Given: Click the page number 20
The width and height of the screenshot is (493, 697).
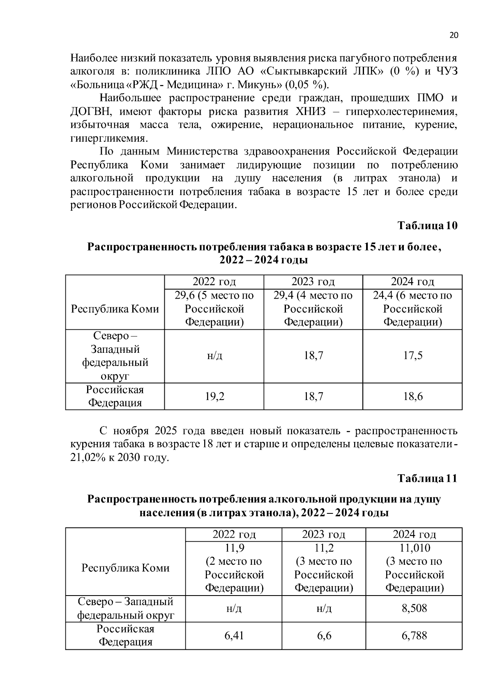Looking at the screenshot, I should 454,35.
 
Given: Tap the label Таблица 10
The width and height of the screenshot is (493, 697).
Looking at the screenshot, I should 427,225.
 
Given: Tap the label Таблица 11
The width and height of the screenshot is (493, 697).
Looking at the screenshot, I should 427,478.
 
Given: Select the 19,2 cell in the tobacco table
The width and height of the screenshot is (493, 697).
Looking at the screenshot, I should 214,396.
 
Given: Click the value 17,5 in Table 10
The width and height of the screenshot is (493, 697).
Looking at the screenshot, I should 412,355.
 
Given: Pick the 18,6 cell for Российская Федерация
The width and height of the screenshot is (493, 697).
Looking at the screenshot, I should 412,396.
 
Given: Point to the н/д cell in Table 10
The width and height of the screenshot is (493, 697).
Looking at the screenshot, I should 214,355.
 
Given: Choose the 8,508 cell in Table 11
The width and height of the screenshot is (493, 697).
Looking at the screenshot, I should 414,608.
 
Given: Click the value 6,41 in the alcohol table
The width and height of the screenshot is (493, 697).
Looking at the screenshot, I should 234,635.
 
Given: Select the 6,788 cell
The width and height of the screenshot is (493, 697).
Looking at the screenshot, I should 414,635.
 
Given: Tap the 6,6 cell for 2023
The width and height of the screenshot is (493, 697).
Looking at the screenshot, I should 324,635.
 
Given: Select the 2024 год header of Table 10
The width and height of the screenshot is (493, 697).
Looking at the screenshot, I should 412,282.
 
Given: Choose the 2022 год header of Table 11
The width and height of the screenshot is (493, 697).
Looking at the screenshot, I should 234,534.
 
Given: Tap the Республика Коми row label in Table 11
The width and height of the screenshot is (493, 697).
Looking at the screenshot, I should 125,568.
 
